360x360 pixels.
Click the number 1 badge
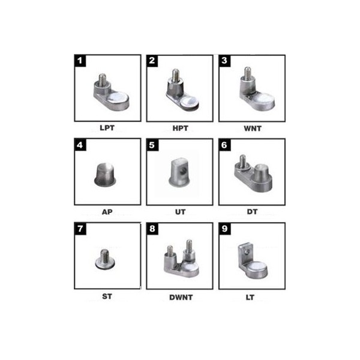pyautogui.click(x=80, y=61)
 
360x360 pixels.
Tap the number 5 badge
pyautogui.click(x=152, y=145)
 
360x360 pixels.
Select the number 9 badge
pyautogui.click(x=224, y=229)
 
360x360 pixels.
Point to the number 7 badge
pyautogui.click(x=80, y=229)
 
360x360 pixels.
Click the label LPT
pyautogui.click(x=107, y=128)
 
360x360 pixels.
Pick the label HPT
pyautogui.click(x=180, y=128)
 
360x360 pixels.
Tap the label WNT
pyautogui.click(x=253, y=128)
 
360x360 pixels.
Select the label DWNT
pyautogui.click(x=181, y=298)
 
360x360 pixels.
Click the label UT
pyautogui.click(x=180, y=212)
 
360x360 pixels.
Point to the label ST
pyautogui.click(x=107, y=296)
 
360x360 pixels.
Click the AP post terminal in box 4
pyautogui.click(x=105, y=175)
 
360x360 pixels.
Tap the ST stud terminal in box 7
pyautogui.click(x=105, y=260)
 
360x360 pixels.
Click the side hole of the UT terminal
pyautogui.click(x=184, y=170)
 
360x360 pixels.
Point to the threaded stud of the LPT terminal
pyautogui.click(x=103, y=79)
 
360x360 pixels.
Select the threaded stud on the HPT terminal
pyautogui.click(x=176, y=75)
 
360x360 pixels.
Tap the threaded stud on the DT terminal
pyautogui.click(x=242, y=160)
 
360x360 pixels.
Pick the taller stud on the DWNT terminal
pyautogui.click(x=189, y=245)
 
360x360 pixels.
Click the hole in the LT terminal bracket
pyautogui.click(x=247, y=252)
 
